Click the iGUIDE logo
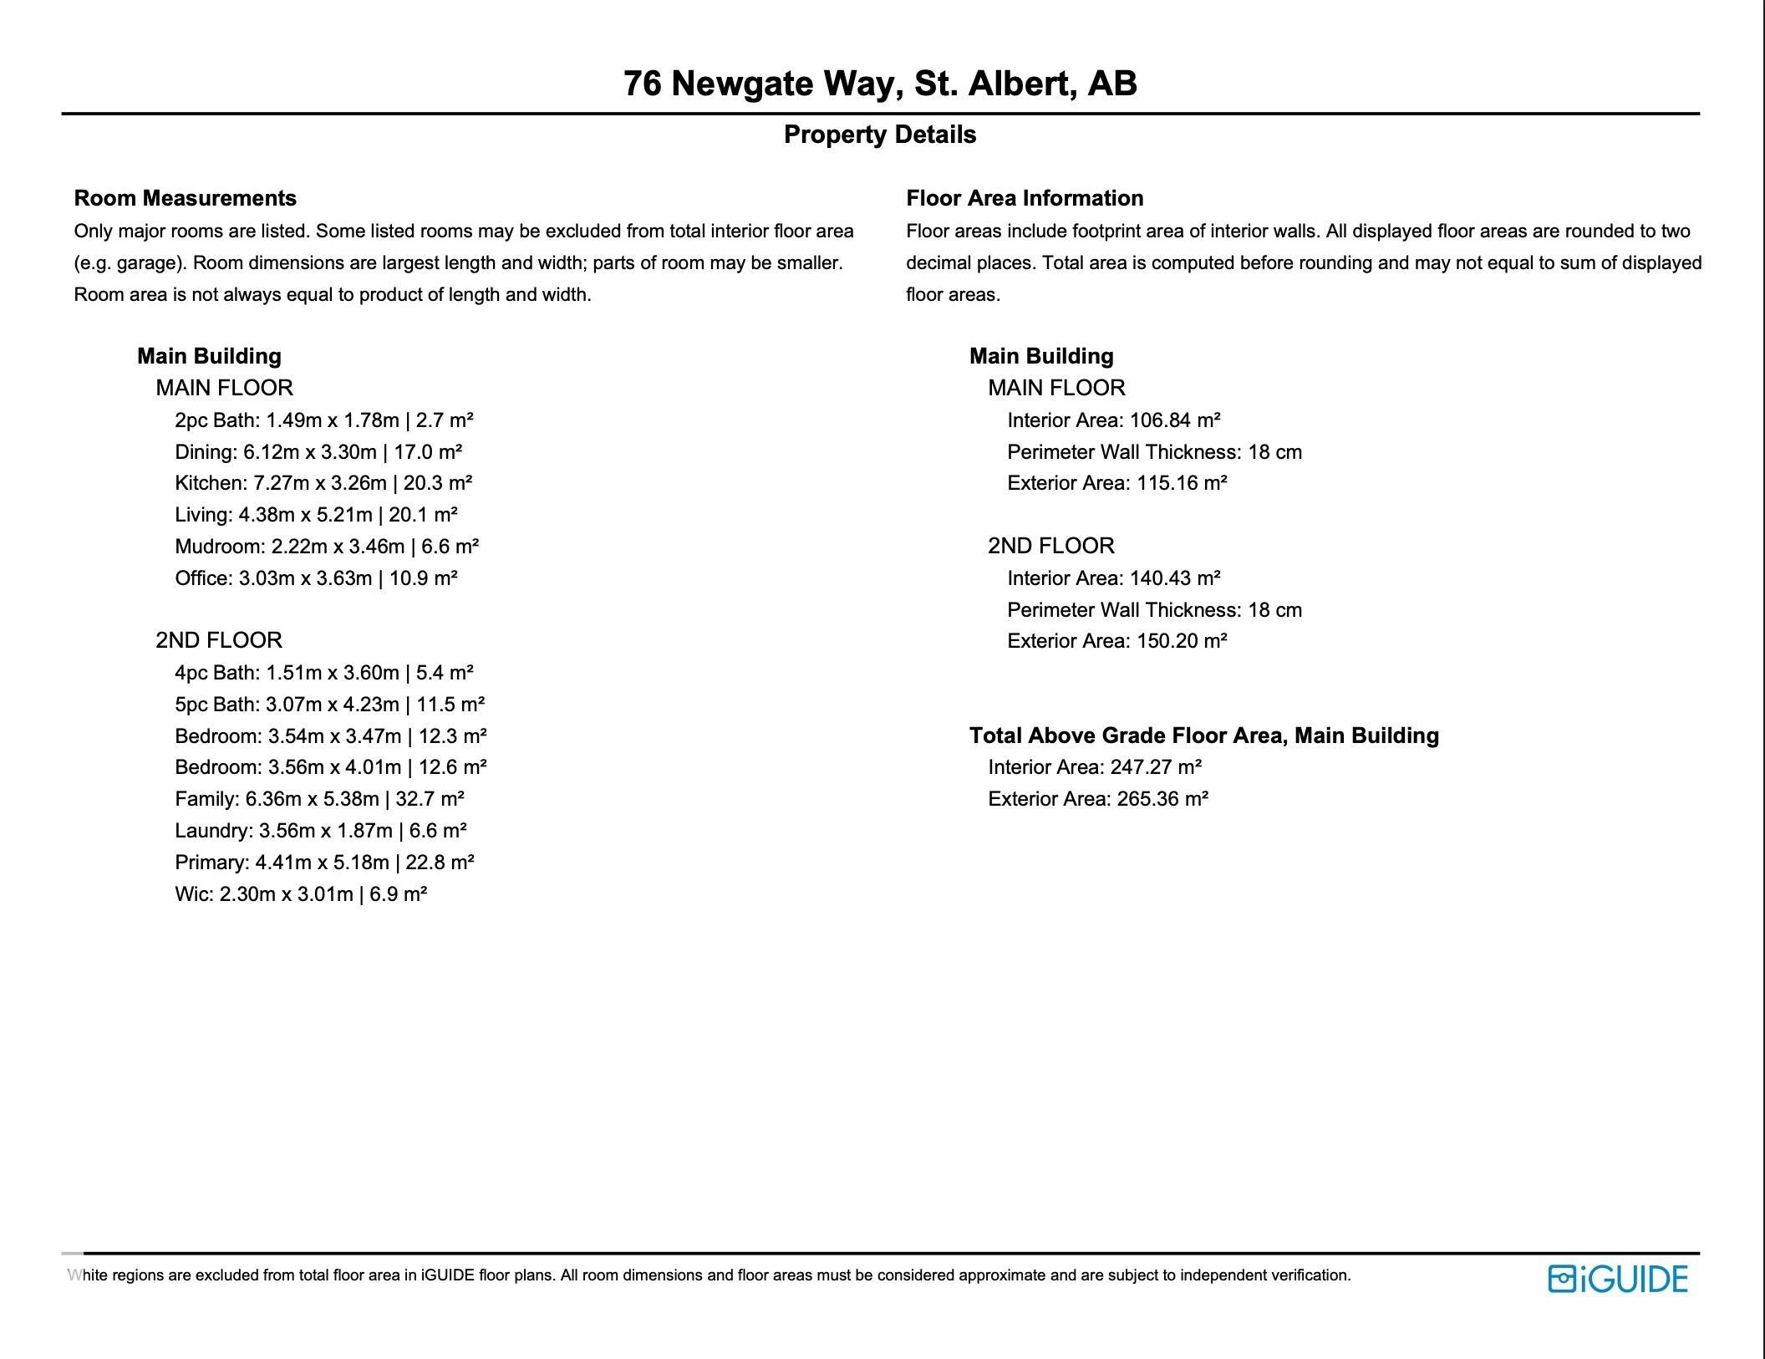pyautogui.click(x=1617, y=1279)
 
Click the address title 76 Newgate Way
pyautogui.click(x=880, y=84)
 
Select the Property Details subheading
pyautogui.click(x=880, y=135)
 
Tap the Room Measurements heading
pyautogui.click(x=186, y=198)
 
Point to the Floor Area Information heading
pyautogui.click(x=1025, y=198)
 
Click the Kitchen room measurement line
pyautogui.click(x=323, y=483)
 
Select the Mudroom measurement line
pyautogui.click(x=327, y=547)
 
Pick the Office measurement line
pyautogui.click(x=316, y=578)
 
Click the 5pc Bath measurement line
pyautogui.click(x=330, y=705)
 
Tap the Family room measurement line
pyautogui.click(x=319, y=799)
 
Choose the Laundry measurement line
pyautogui.click(x=321, y=831)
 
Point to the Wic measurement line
pyautogui.click(x=301, y=894)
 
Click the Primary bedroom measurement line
pyautogui.click(x=324, y=863)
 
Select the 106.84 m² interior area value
pyautogui.click(x=1175, y=420)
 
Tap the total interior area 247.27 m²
pyautogui.click(x=1156, y=767)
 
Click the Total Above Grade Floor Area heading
pyautogui.click(x=1204, y=735)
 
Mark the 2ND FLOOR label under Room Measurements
pyautogui.click(x=219, y=640)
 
